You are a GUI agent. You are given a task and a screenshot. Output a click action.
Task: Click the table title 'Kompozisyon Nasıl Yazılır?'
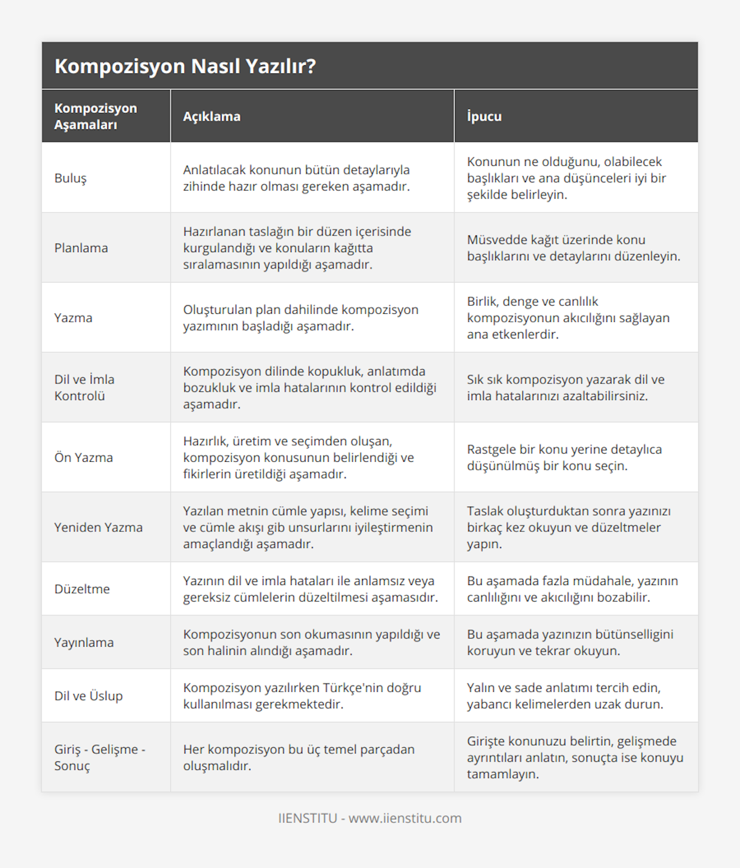[x=185, y=66]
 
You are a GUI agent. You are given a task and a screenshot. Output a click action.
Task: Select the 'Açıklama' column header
[x=212, y=117]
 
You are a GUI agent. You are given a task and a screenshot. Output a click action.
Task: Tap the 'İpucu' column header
[x=484, y=117]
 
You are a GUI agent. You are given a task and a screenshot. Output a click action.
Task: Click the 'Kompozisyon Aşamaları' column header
[x=96, y=117]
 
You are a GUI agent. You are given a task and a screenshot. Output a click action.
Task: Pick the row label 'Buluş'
[x=70, y=178]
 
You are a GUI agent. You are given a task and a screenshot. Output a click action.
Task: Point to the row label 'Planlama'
[x=81, y=248]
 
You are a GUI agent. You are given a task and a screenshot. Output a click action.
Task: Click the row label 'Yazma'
[x=73, y=317]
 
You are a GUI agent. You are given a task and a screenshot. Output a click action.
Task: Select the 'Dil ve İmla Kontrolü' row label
[x=84, y=388]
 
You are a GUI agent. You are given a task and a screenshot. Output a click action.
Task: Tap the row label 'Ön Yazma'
[x=83, y=457]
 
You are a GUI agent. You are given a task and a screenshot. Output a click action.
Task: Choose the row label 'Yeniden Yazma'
[x=98, y=527]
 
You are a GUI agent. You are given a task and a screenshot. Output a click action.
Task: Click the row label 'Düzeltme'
[x=82, y=589]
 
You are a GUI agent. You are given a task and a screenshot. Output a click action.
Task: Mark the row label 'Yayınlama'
[x=84, y=642]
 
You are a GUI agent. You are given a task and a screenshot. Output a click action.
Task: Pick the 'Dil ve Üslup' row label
[x=88, y=696]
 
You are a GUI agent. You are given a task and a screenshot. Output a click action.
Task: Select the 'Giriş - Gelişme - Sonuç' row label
[x=99, y=758]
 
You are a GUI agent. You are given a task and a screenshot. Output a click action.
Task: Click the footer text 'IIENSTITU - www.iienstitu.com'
[x=370, y=818]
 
